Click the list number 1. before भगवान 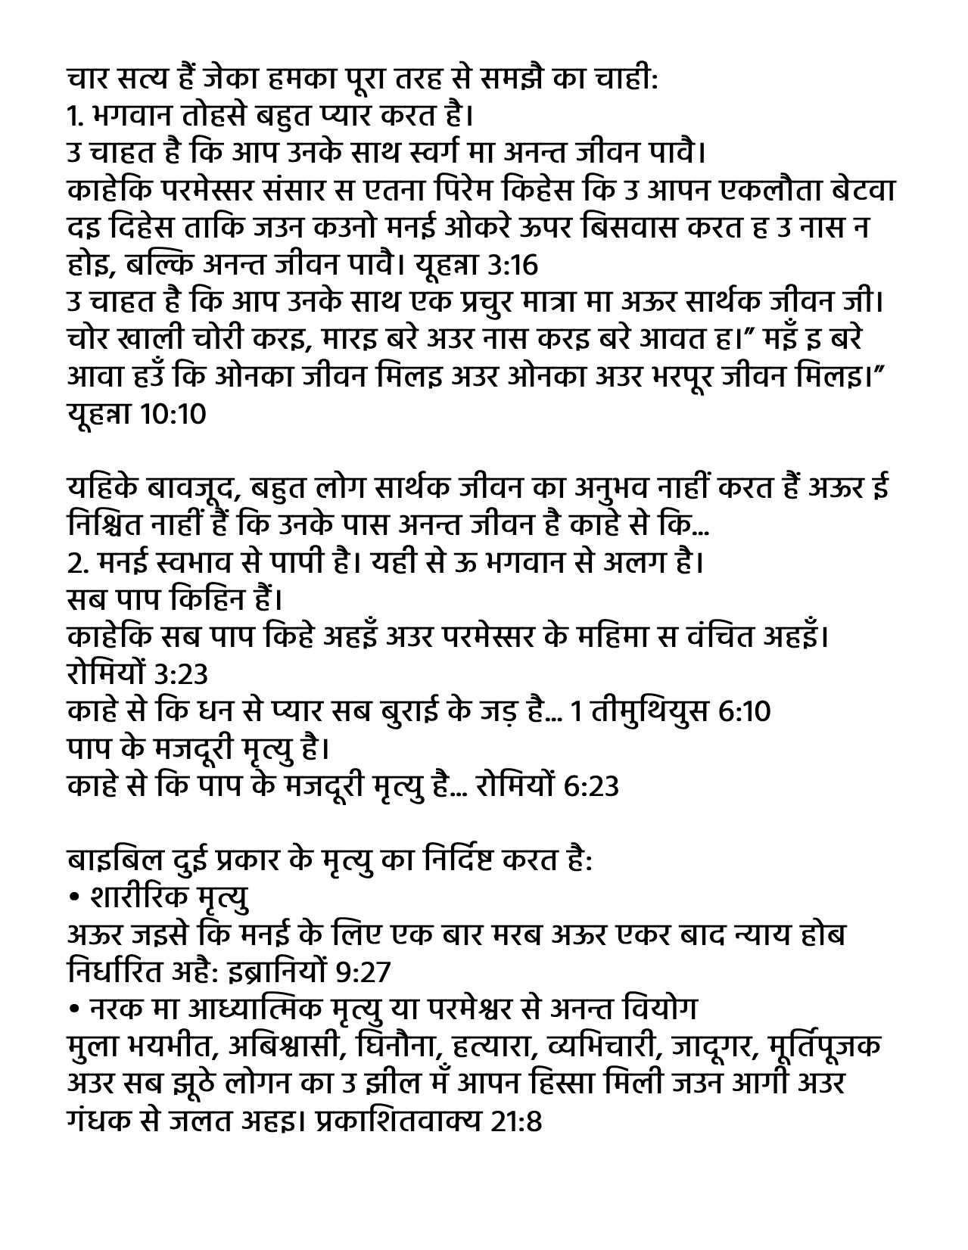coord(74,118)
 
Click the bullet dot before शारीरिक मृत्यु coord(73,898)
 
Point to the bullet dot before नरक coord(73,1009)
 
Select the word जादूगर coord(709,1047)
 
